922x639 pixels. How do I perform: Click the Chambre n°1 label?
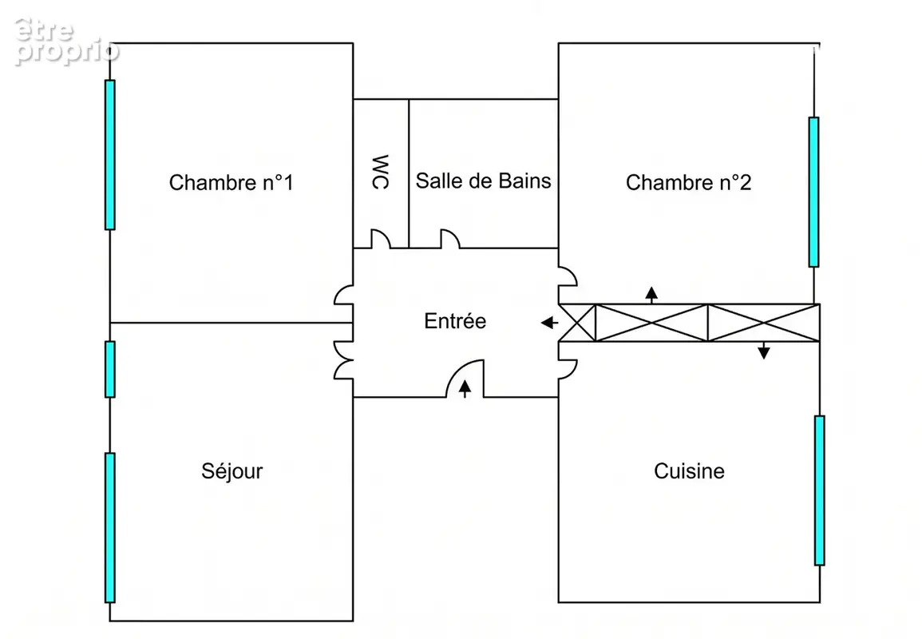[x=231, y=182]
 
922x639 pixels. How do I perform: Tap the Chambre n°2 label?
[x=689, y=182]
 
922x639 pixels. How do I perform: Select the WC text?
[x=381, y=173]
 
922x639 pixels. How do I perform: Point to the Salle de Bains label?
[x=483, y=181]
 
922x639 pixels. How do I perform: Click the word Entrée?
[x=455, y=320]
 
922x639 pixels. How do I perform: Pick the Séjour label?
[x=231, y=470]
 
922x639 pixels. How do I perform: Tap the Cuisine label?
[x=689, y=470]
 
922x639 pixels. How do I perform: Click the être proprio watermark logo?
[x=65, y=42]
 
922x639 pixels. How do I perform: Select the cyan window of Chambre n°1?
[x=110, y=155]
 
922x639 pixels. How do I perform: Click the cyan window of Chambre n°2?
[x=813, y=192]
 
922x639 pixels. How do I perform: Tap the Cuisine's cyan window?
[x=820, y=490]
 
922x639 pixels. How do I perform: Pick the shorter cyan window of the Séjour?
[x=110, y=370]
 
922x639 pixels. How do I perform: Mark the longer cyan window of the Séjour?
[x=110, y=528]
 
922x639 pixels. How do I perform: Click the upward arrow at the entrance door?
[x=465, y=388]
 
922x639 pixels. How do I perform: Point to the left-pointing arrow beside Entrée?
[x=550, y=323]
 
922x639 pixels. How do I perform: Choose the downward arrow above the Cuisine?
[x=764, y=350]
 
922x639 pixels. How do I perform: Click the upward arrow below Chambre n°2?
[x=651, y=296]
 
